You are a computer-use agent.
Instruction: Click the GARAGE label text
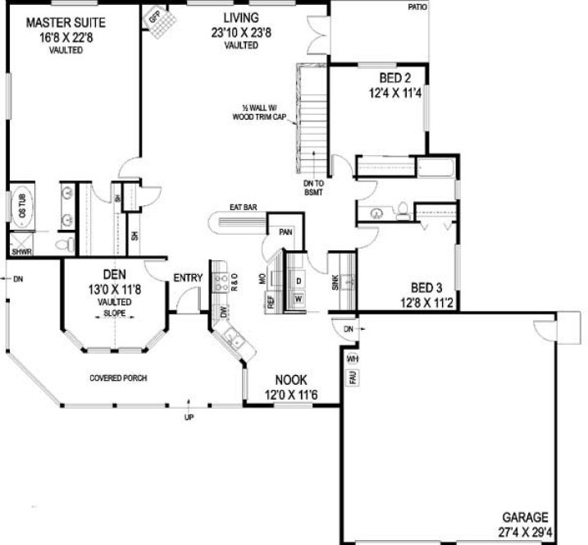525,517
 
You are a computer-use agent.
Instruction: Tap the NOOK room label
290,380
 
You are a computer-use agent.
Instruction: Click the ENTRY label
188,278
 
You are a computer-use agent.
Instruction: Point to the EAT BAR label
244,208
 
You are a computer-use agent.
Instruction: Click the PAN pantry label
286,232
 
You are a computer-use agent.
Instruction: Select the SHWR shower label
21,252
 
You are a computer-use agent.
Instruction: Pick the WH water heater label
352,359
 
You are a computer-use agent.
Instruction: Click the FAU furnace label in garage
352,377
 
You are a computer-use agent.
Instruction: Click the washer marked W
298,298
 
